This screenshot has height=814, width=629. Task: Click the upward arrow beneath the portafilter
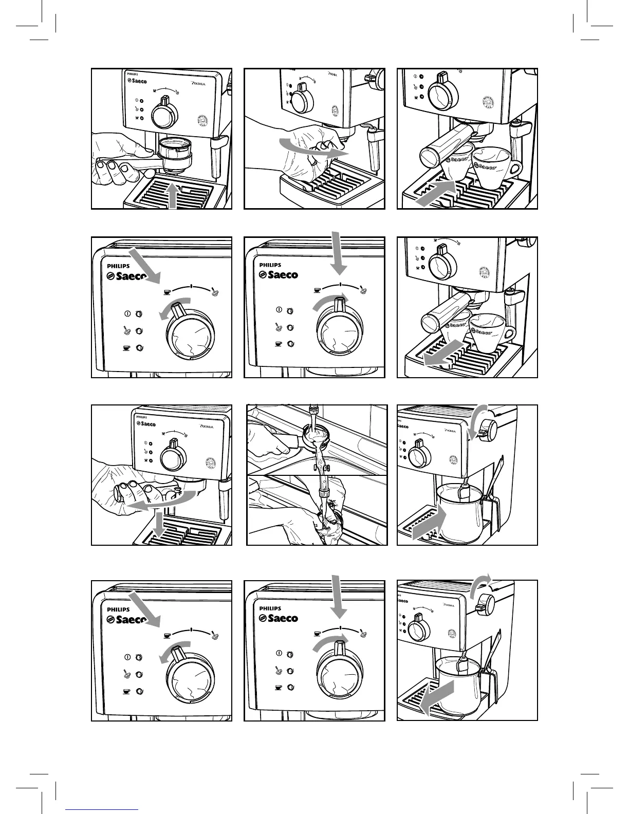click(175, 196)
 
